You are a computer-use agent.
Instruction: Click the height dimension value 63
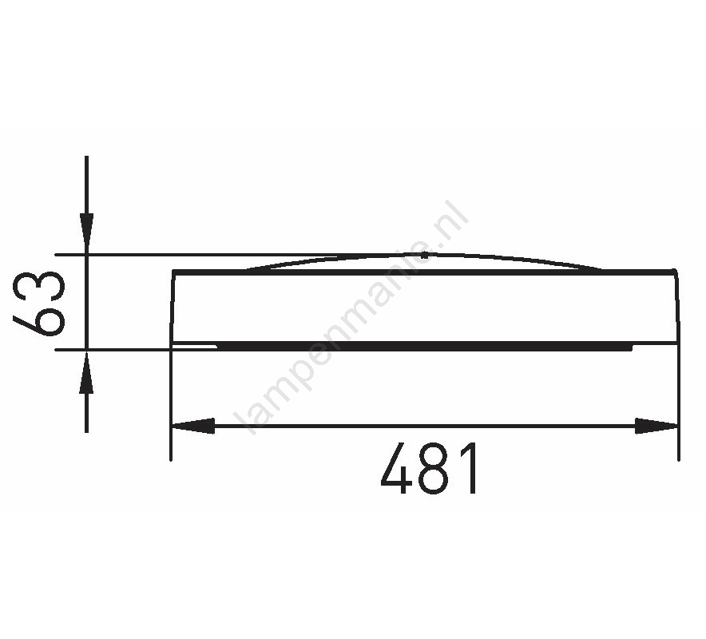[x=39, y=304]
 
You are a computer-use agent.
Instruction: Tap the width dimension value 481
[x=429, y=468]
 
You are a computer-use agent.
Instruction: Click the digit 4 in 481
[x=397, y=468]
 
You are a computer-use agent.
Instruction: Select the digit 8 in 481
[x=433, y=468]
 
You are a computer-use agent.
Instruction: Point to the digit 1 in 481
[x=468, y=468]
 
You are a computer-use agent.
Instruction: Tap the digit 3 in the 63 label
[x=39, y=286]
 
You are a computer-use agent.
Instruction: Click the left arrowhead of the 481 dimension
[x=192, y=426]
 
